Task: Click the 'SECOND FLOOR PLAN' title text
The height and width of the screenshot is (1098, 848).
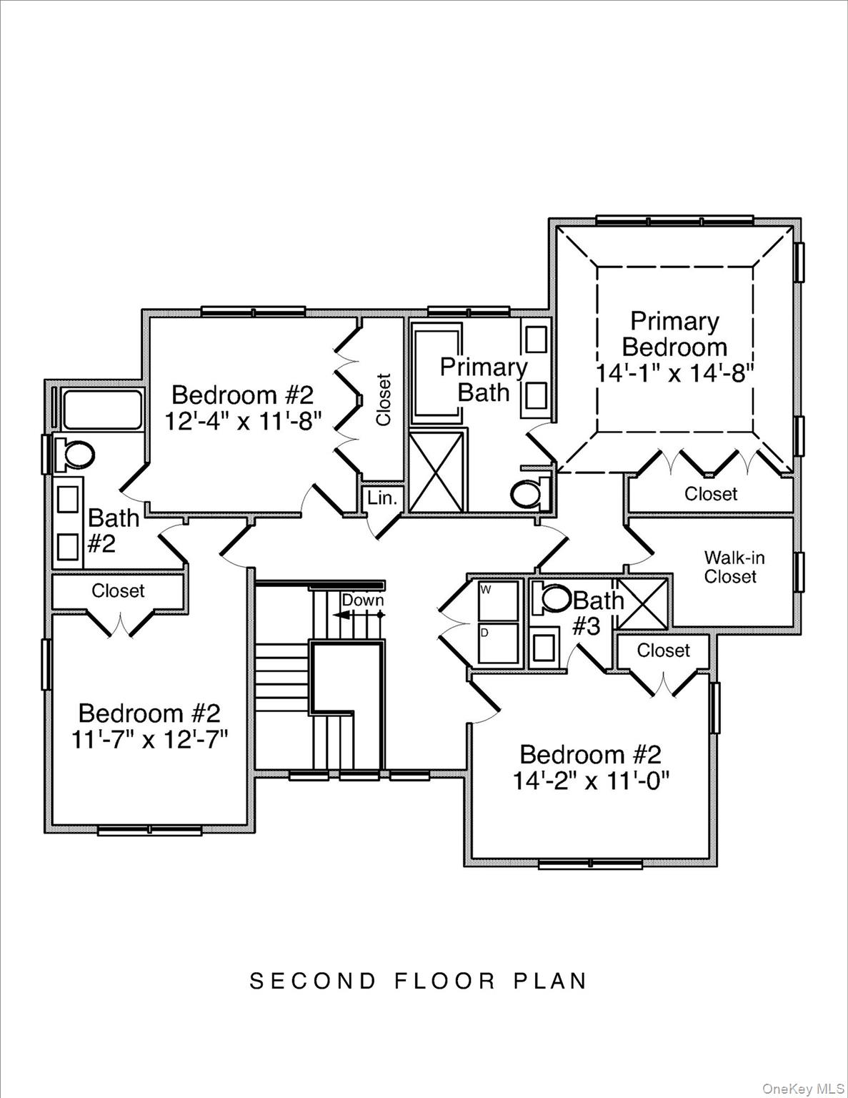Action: click(x=419, y=981)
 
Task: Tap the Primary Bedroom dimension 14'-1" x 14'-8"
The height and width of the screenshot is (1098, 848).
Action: click(x=674, y=373)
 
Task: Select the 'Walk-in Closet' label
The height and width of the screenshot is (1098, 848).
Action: click(x=729, y=567)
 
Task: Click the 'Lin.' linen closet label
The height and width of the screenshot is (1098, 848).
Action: click(x=382, y=498)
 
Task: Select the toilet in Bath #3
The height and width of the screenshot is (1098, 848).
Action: click(x=555, y=599)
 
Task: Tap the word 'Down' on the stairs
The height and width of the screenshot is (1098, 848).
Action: click(x=362, y=600)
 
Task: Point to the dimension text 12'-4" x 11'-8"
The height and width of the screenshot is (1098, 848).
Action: click(x=243, y=421)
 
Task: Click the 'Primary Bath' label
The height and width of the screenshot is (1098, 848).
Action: click(x=483, y=380)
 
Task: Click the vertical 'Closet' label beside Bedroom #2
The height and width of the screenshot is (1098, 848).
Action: click(x=384, y=400)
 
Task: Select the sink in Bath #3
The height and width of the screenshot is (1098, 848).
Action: click(x=544, y=647)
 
